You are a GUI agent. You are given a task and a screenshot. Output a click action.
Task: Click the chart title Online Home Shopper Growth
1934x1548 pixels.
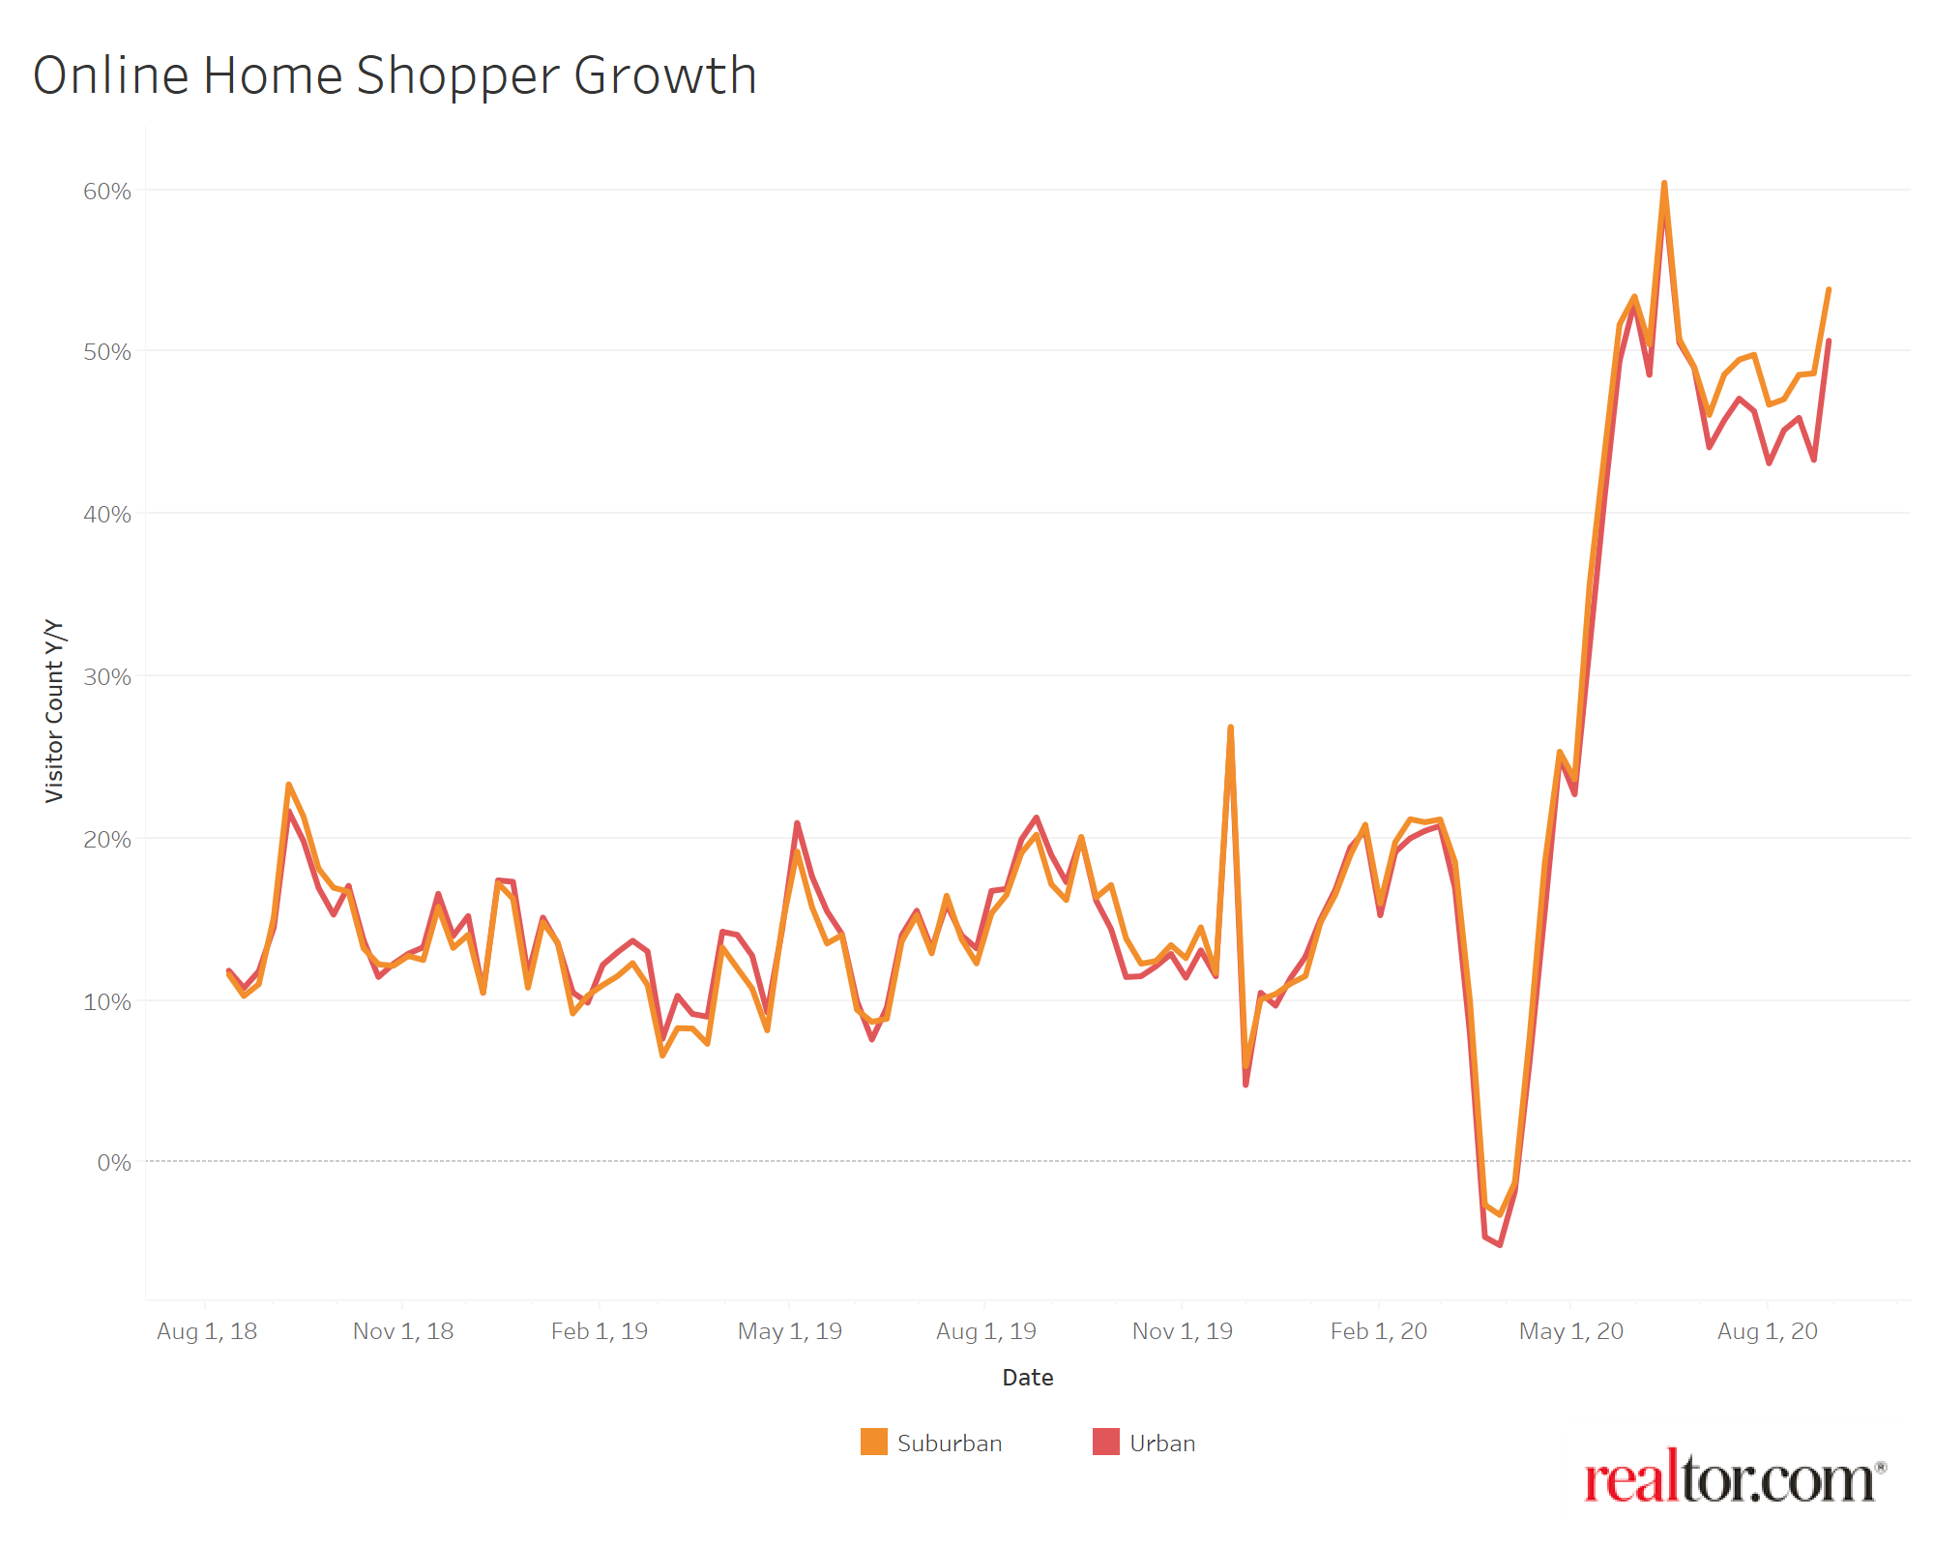(x=395, y=75)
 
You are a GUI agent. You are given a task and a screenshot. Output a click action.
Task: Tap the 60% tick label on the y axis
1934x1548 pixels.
(x=106, y=192)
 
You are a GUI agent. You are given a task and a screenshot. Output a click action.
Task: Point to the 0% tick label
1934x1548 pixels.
(x=114, y=1162)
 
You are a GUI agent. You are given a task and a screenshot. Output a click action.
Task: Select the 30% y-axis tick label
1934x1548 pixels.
(x=106, y=677)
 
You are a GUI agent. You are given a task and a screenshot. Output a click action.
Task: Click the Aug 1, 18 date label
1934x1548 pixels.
(x=207, y=1331)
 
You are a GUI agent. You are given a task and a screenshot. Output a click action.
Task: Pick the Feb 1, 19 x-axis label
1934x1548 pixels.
(x=600, y=1331)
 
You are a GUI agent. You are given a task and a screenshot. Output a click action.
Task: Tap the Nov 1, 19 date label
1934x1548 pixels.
(x=1182, y=1331)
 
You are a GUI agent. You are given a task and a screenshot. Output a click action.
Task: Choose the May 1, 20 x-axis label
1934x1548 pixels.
(x=1571, y=1331)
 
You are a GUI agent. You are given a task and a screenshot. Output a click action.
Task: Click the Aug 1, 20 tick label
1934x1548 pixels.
(x=1768, y=1331)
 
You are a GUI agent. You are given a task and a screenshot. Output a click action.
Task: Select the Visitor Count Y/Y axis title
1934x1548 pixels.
(x=54, y=711)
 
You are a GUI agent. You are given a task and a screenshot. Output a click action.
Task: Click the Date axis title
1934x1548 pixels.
(x=1027, y=1378)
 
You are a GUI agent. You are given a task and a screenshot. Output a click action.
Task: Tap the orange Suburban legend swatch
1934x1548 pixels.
(x=874, y=1442)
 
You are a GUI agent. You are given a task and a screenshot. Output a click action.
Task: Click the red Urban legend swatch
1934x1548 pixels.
(x=1106, y=1442)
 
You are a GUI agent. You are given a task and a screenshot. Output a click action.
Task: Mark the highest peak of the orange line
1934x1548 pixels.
(x=1664, y=183)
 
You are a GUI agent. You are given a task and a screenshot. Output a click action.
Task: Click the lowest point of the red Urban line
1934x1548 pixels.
(x=1500, y=1245)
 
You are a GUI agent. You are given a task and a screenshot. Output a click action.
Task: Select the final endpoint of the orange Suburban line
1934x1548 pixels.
(x=1829, y=289)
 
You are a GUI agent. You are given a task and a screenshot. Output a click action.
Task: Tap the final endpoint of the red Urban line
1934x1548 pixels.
(x=1829, y=341)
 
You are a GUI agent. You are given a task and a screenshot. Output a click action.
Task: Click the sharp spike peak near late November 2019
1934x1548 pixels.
(x=1230, y=727)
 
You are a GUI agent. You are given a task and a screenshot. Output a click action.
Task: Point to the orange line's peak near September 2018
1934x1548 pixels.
(x=288, y=785)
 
